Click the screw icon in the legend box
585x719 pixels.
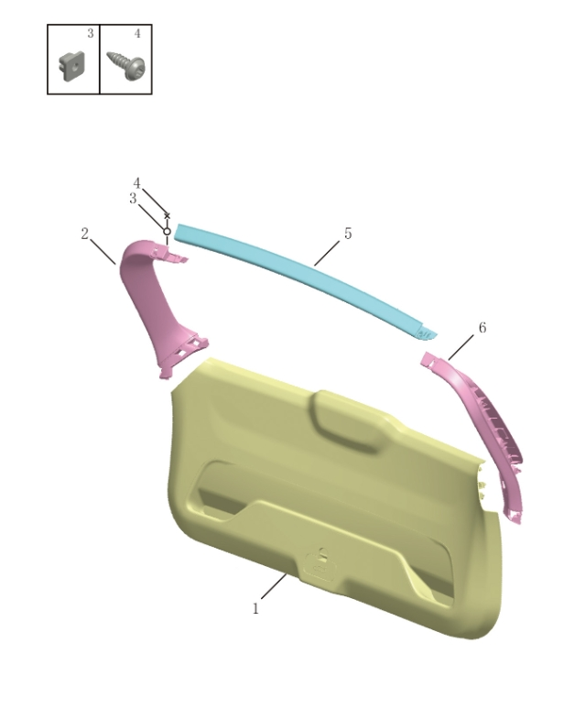127,64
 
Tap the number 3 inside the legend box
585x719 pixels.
90,34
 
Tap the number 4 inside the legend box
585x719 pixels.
137,34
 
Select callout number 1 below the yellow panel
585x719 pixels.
255,608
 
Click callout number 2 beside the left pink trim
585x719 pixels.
85,234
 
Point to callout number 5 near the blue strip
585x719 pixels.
348,234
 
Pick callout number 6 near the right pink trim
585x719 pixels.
482,327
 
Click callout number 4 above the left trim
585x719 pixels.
136,183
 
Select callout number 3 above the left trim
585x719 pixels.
133,199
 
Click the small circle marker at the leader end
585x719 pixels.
167,231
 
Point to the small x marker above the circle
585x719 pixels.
167,215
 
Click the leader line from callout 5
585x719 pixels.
327,253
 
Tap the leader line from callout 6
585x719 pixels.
460,346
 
